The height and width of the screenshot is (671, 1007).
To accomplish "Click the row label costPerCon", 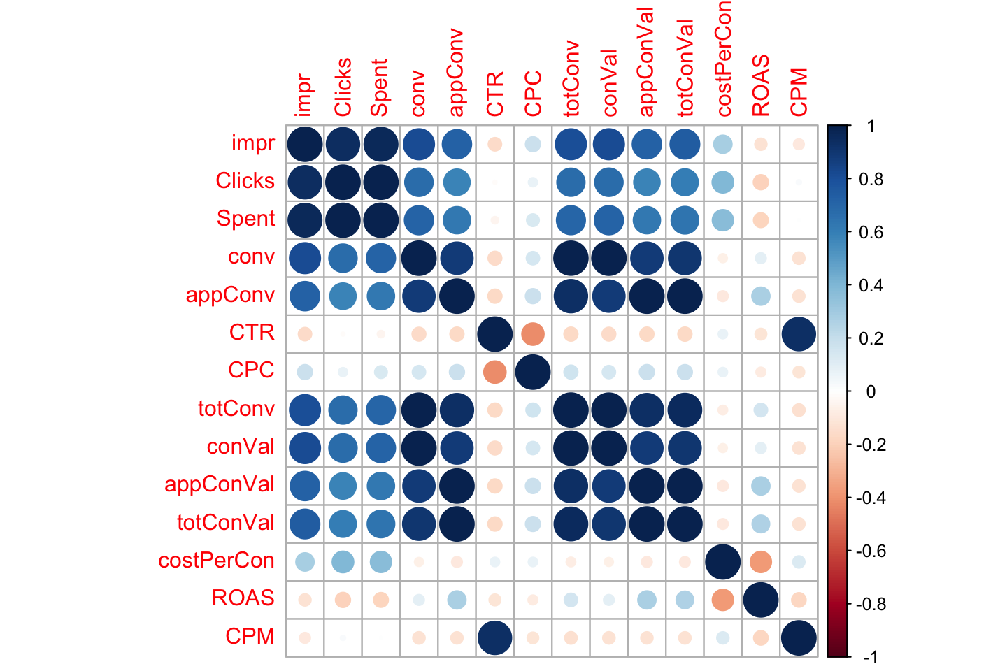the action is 216,561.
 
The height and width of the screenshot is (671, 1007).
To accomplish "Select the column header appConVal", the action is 645,62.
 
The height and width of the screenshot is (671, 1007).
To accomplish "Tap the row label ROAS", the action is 243,598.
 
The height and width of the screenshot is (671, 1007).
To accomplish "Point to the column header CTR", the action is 494,94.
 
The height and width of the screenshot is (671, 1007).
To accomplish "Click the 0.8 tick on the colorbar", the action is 849,179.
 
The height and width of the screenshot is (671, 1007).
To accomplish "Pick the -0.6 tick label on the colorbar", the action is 871,551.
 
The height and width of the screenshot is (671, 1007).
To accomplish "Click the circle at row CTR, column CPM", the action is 799,334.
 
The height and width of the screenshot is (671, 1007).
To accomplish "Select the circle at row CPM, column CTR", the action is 494,637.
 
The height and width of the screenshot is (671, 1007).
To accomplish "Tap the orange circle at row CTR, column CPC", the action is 533,334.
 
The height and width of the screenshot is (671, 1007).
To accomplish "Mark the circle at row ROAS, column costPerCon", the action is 723,600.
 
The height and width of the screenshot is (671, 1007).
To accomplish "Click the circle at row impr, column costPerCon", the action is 723,144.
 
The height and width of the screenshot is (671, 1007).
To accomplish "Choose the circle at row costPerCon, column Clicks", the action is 343,562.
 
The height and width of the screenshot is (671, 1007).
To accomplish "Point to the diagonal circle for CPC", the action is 533,372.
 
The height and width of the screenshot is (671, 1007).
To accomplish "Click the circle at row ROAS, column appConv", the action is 457,600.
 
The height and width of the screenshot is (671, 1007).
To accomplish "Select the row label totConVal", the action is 226,523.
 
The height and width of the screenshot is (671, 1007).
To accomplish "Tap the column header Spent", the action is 379,87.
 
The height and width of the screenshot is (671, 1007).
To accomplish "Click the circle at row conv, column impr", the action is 305,259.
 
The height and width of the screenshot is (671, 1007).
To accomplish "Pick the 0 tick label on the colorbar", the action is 871,392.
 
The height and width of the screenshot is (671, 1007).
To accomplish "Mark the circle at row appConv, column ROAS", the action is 761,296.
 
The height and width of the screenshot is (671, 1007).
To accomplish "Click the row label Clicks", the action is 245,180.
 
